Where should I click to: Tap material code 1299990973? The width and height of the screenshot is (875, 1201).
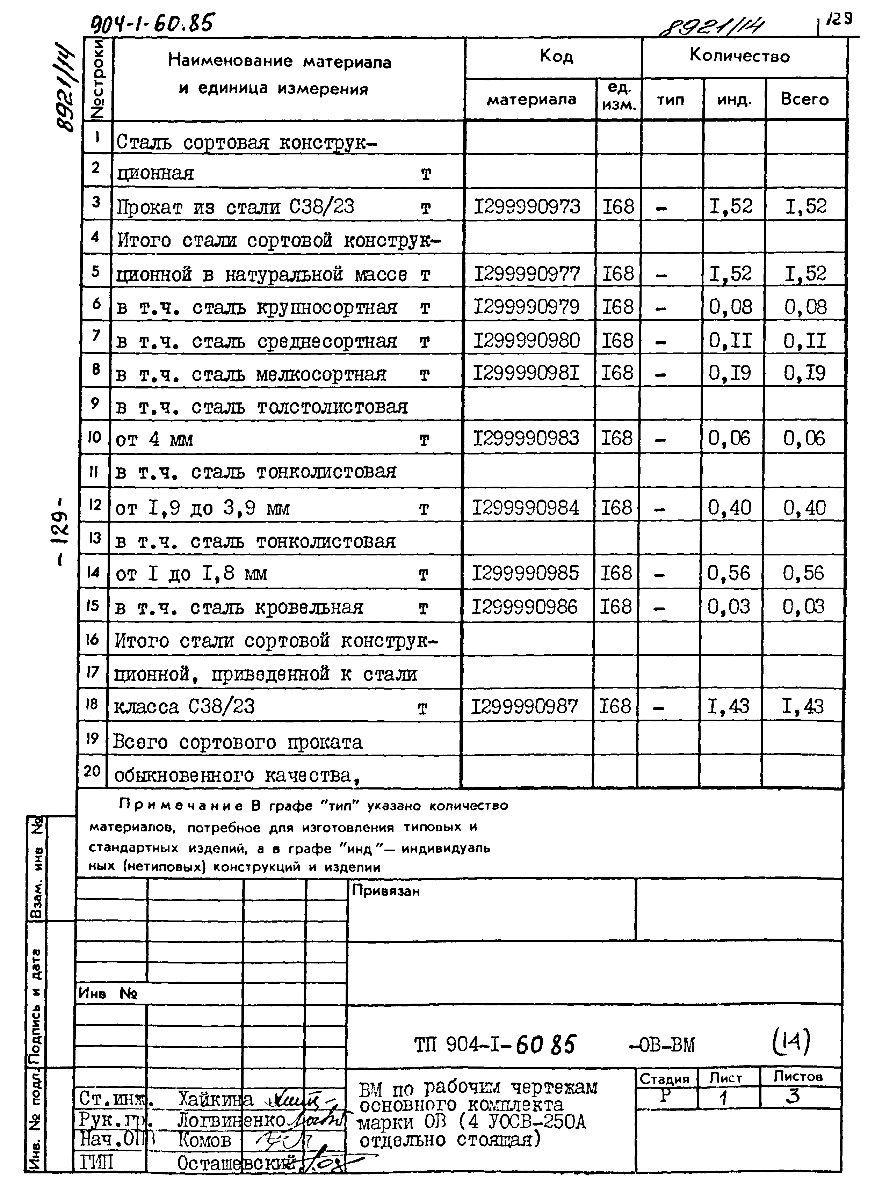(527, 206)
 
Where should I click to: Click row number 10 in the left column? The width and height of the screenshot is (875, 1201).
(94, 437)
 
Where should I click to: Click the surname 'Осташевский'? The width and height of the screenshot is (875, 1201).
(236, 1163)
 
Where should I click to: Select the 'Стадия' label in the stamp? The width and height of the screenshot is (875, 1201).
(664, 1079)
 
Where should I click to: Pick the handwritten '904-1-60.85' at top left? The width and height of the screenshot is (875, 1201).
(153, 24)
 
